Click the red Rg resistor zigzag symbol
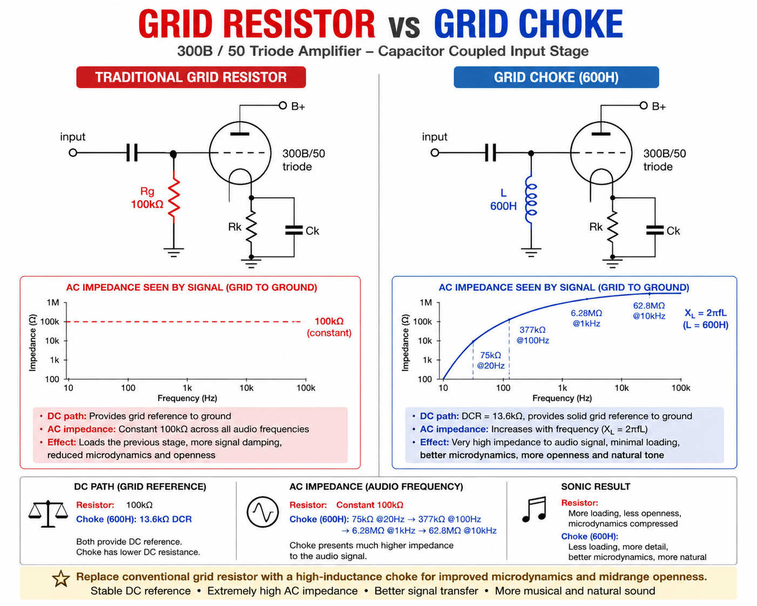(174, 197)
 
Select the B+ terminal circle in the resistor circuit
(282, 105)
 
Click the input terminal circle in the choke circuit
(435, 152)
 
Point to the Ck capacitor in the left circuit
(294, 230)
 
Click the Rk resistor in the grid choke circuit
(612, 227)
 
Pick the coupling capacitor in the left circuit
(132, 152)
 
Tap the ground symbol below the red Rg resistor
(173, 252)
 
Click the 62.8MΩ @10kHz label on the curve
(649, 311)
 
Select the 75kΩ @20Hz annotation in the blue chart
(491, 360)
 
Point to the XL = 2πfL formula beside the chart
(705, 313)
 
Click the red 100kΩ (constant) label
(329, 327)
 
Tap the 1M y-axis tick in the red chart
(53, 302)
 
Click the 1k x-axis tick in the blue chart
(562, 388)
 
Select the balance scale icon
(48, 514)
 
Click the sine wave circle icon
(262, 511)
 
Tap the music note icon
(534, 509)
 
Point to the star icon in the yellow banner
(61, 578)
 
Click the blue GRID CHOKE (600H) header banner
(556, 77)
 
